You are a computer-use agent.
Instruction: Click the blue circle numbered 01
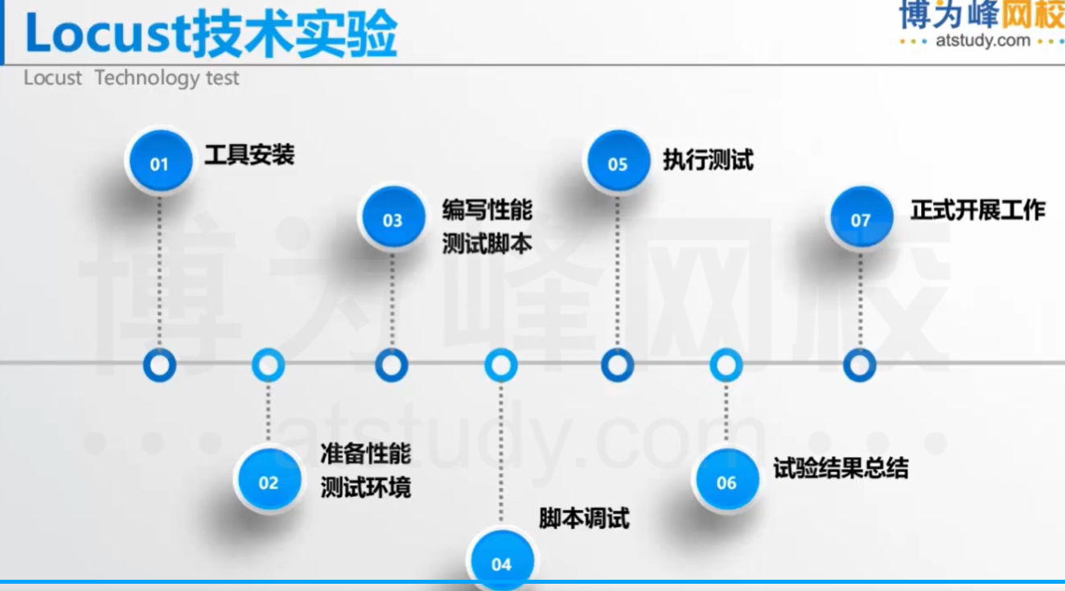(x=159, y=163)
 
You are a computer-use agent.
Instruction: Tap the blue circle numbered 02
(x=268, y=482)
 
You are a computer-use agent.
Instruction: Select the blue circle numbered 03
(x=392, y=220)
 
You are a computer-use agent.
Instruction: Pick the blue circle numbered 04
(x=501, y=562)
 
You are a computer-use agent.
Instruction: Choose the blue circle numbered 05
(x=617, y=163)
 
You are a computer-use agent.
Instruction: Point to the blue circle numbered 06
(x=726, y=482)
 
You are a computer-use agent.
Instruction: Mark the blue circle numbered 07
(x=860, y=220)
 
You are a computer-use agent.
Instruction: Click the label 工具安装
(x=249, y=154)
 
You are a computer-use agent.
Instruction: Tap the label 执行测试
(x=708, y=159)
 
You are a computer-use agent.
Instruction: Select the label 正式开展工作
(x=977, y=211)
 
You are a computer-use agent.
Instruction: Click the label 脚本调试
(x=584, y=519)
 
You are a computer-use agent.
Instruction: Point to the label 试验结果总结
(x=841, y=468)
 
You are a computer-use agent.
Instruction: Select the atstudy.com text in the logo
(x=982, y=40)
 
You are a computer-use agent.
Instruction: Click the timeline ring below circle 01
(x=159, y=365)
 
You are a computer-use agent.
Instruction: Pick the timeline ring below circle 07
(x=859, y=365)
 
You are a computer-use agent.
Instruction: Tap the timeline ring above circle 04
(x=500, y=365)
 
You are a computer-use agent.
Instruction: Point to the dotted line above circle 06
(x=726, y=414)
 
